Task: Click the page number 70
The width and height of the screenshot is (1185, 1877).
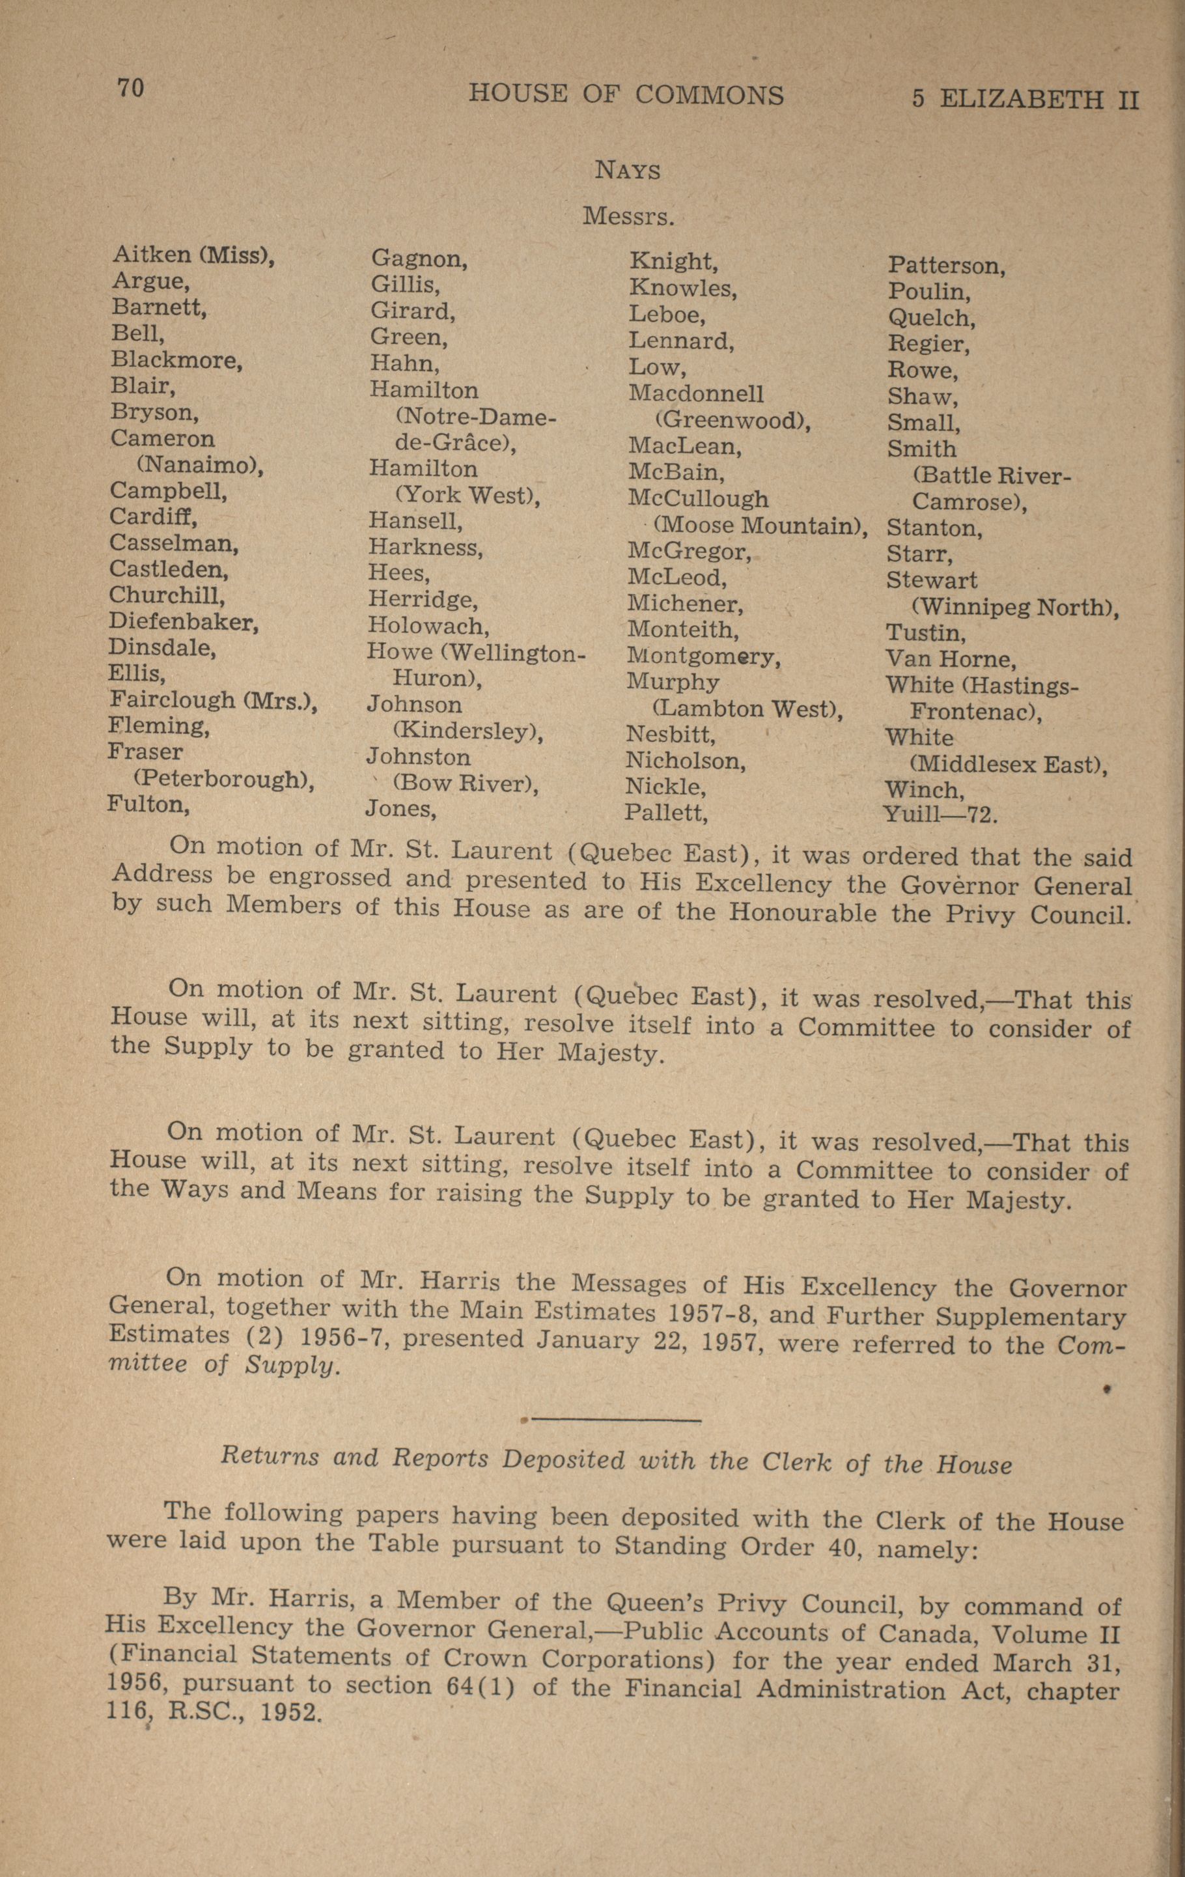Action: [x=130, y=88]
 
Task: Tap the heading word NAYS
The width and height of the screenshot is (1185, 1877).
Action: [x=627, y=170]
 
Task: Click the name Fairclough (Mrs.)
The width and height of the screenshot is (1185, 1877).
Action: [x=213, y=700]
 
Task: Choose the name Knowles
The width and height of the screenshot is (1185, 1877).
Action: [x=682, y=289]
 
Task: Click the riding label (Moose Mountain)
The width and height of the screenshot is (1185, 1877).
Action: [x=760, y=526]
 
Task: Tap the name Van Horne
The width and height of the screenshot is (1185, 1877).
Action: [x=951, y=660]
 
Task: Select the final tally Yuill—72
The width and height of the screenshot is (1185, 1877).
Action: [x=940, y=815]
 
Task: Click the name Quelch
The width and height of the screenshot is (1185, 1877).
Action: [x=931, y=318]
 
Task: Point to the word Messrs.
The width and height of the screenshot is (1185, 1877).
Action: [x=628, y=216]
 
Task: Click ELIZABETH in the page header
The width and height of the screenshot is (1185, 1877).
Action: [x=1022, y=100]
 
